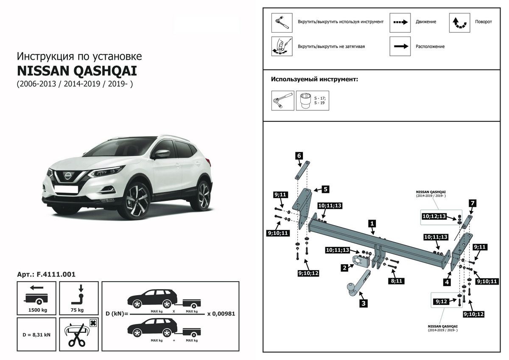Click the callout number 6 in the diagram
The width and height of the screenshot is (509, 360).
(x=299, y=156)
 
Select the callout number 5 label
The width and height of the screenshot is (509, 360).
(x=325, y=189)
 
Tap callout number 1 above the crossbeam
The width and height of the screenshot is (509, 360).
(x=372, y=223)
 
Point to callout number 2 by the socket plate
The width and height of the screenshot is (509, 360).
(x=345, y=268)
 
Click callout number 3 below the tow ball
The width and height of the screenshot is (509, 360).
(x=364, y=303)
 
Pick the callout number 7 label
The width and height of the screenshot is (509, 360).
(x=472, y=203)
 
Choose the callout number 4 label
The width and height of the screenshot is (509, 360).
(x=447, y=281)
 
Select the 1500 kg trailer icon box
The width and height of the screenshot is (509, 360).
(x=36, y=299)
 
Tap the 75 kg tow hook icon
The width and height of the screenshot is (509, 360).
(x=79, y=299)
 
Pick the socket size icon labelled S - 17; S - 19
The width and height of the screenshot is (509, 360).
(x=312, y=100)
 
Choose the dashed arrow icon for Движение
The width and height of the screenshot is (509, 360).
(x=400, y=22)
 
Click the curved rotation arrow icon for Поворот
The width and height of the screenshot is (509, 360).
(x=459, y=23)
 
